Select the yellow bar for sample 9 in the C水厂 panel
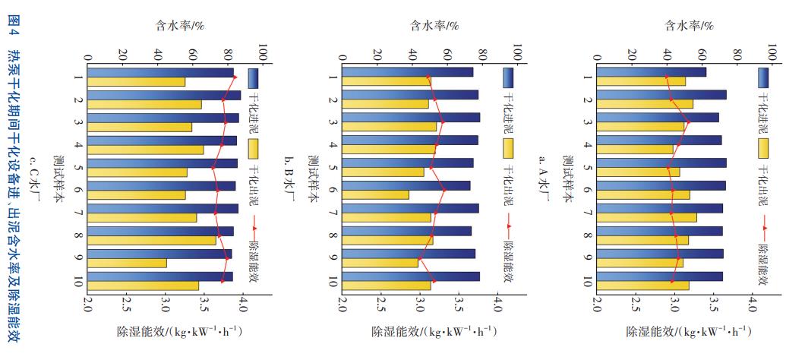pos(127,263)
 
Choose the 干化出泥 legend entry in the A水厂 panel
pos(762,166)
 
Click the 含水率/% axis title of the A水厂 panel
pos(690,25)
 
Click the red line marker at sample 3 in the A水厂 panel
pos(688,122)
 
